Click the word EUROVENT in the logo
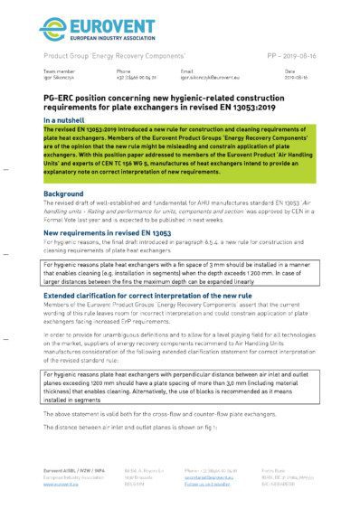tap(105, 22)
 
